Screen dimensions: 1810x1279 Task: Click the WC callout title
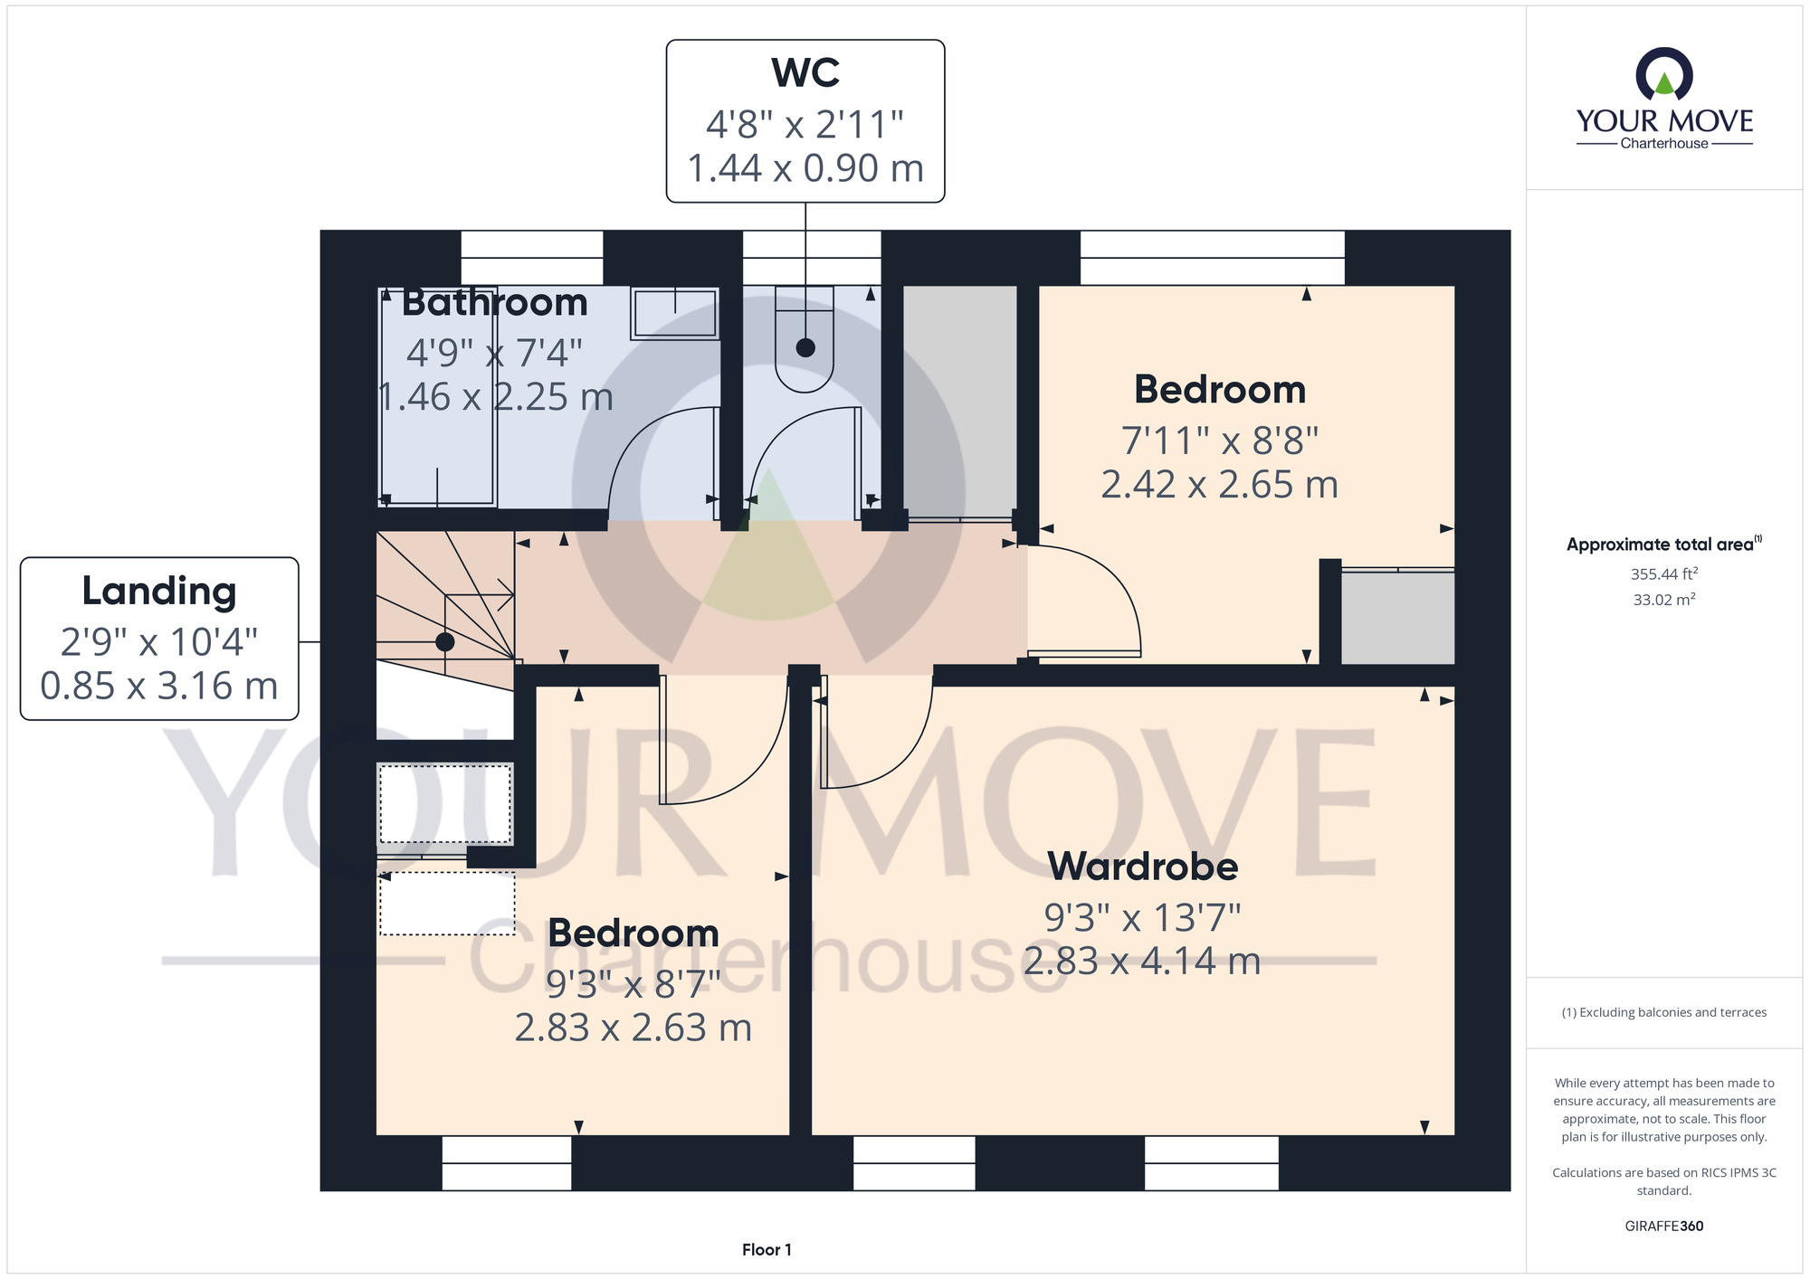(x=805, y=72)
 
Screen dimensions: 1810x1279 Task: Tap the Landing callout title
(x=159, y=592)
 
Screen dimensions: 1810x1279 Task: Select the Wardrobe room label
(x=1143, y=867)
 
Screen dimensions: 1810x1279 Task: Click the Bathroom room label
(x=495, y=302)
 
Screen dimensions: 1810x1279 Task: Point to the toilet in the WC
(x=805, y=339)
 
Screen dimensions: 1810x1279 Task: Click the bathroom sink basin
(x=674, y=313)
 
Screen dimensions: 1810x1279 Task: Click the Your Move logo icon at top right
(x=1664, y=74)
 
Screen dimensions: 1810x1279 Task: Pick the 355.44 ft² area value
(x=1664, y=573)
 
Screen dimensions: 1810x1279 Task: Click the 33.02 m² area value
(x=1664, y=600)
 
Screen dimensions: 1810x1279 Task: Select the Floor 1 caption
(x=767, y=1250)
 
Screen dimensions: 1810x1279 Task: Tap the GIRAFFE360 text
(x=1664, y=1227)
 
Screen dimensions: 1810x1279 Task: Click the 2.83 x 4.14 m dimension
(x=1142, y=962)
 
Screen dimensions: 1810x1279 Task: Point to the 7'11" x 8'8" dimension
(x=1220, y=441)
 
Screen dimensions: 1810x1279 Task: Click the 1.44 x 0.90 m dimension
(x=805, y=169)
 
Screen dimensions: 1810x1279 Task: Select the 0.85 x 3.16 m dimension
(x=159, y=687)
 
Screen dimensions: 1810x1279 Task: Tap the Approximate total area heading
(x=1664, y=545)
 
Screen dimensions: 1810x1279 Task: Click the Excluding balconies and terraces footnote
(x=1664, y=1013)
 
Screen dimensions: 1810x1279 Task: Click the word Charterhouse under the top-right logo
(x=1664, y=144)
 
